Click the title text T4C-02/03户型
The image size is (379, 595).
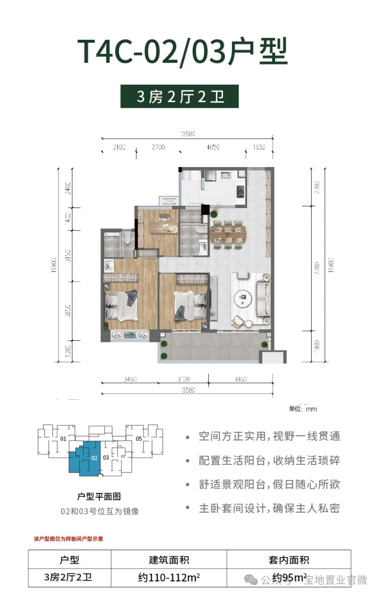pos(182,52)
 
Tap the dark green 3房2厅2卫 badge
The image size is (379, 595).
pos(180,96)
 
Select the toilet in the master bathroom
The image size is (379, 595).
pos(127,239)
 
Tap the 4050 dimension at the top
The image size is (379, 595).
pos(212,147)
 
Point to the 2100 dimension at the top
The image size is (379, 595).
pos(119,147)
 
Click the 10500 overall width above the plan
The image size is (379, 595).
pos(187,133)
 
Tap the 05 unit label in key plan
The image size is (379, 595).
pos(138,439)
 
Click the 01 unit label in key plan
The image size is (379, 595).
pos(63,439)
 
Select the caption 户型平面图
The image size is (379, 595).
pos(99,496)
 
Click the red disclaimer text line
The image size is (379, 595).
pos(69,538)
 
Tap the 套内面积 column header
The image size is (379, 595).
pos(289,559)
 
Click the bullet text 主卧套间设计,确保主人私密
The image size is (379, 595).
pos(269,509)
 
